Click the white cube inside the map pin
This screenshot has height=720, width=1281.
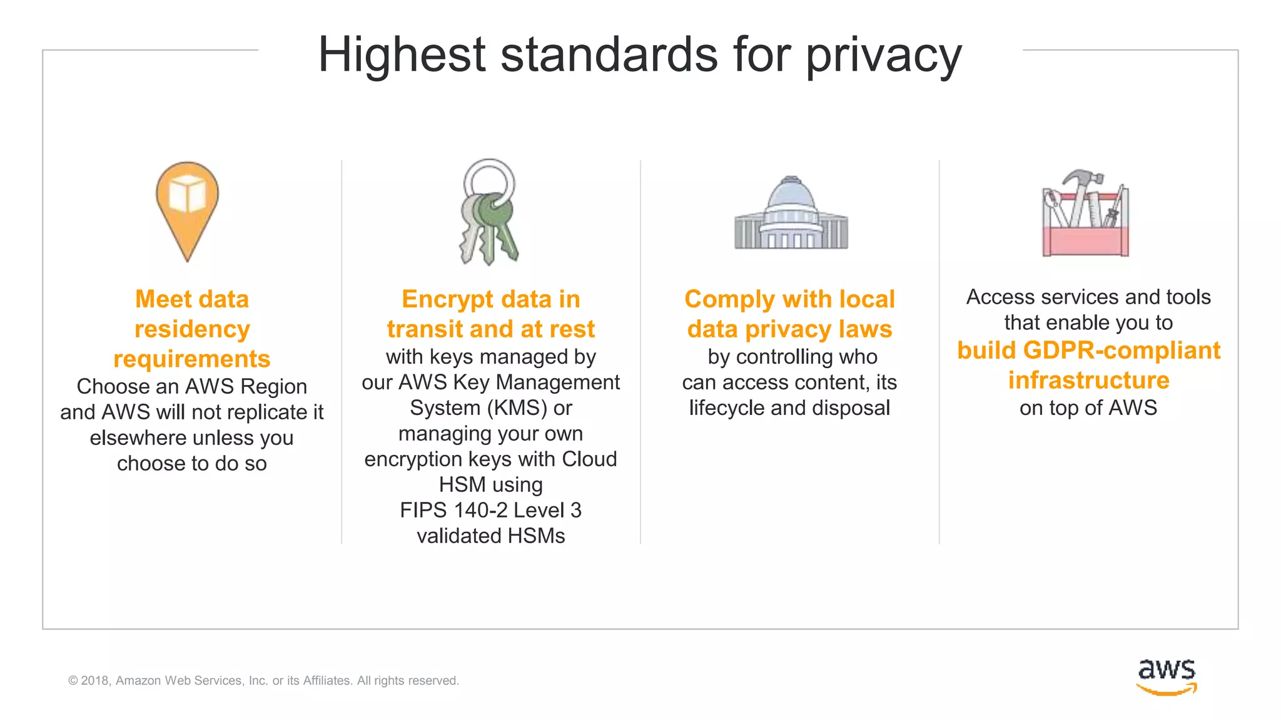coord(187,193)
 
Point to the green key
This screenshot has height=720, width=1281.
coord(497,228)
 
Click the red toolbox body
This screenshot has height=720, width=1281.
coord(1085,241)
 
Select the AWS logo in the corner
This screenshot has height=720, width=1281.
coord(1167,676)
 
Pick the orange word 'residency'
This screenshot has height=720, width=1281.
coord(192,329)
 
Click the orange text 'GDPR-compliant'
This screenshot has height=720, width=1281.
coord(1122,351)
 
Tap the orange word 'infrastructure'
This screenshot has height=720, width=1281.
coord(1088,381)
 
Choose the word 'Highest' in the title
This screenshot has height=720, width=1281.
coord(402,55)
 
